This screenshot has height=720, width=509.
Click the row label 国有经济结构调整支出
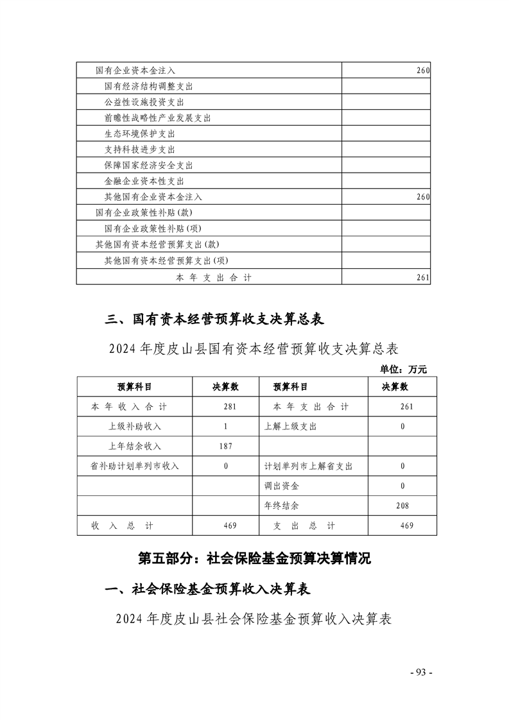[148, 86]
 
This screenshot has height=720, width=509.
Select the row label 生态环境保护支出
[139, 134]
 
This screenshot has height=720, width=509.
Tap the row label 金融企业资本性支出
[144, 182]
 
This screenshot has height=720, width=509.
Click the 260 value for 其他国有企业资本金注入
[422, 197]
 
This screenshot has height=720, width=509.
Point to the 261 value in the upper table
[422, 278]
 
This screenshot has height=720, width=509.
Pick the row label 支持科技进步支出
[139, 150]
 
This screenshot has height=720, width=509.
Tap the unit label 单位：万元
[403, 369]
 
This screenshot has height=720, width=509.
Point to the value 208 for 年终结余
[402, 506]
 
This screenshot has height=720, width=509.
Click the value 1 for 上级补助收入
[226, 427]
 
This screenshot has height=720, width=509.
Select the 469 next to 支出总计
[406, 526]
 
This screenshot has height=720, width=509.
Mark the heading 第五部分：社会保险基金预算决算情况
[255, 558]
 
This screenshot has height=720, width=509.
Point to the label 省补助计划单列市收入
[134, 467]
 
